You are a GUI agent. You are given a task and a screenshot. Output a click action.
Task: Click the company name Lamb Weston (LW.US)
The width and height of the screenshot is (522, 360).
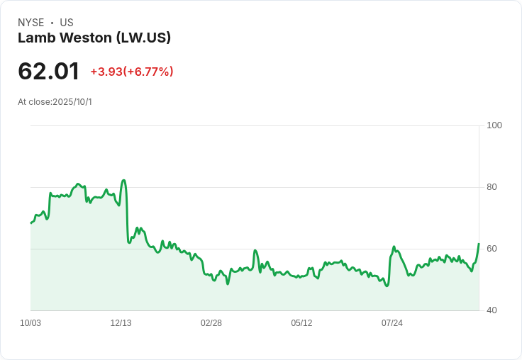tap(94, 38)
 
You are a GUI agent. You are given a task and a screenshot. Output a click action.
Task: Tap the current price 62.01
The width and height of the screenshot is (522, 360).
tap(48, 71)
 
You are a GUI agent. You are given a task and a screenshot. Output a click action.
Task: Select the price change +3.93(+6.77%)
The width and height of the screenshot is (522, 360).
tap(132, 72)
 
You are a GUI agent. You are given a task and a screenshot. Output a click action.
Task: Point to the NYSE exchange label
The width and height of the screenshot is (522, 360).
tap(30, 23)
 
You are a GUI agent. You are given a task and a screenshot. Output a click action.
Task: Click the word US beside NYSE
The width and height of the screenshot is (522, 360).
tap(67, 23)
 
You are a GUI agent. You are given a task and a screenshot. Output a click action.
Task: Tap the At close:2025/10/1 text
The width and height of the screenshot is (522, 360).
tap(55, 102)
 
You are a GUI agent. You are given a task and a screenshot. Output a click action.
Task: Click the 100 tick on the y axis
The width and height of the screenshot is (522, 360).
tap(494, 125)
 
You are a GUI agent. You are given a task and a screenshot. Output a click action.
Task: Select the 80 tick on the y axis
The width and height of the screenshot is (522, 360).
tap(492, 187)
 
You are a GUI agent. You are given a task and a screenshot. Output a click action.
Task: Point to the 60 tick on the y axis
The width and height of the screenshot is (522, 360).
tap(492, 249)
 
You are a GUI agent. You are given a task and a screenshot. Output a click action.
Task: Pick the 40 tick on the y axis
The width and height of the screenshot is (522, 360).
tap(492, 310)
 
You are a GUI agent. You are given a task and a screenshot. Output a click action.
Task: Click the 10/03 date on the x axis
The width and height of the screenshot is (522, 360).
tap(30, 323)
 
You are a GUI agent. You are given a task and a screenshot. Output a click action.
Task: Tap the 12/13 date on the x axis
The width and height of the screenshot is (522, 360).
tap(121, 323)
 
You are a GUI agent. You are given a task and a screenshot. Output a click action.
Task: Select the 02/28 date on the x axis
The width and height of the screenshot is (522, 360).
tap(211, 323)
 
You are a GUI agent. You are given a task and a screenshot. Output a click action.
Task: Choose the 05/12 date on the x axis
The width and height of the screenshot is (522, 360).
tap(301, 323)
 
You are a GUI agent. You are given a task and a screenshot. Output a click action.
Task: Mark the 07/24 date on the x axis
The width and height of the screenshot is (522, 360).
tap(392, 323)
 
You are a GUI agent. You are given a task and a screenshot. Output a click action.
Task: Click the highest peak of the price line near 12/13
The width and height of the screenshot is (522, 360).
tap(124, 180)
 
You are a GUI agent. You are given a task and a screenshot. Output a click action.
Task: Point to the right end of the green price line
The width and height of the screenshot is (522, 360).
tap(479, 244)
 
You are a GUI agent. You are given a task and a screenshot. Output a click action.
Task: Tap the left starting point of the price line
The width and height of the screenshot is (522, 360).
tap(31, 223)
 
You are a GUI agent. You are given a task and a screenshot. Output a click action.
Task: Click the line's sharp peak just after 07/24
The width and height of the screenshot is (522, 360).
tap(394, 247)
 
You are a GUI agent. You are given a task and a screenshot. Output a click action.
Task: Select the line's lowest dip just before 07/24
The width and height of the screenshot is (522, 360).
tap(387, 286)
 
